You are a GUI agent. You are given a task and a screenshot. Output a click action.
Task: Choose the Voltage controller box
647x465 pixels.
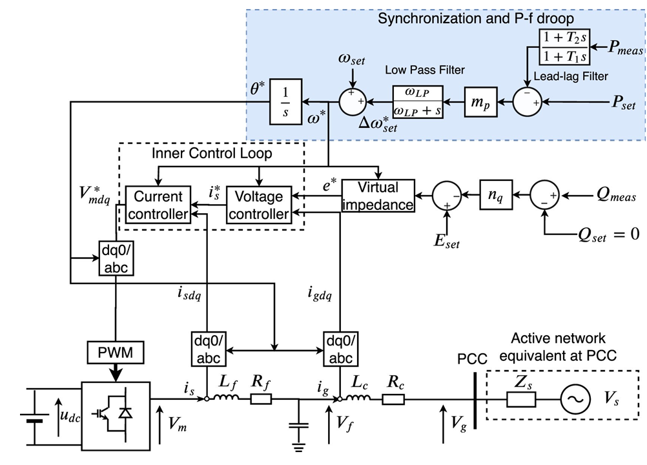point(259,205)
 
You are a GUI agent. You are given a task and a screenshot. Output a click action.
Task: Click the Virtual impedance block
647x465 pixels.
point(378,196)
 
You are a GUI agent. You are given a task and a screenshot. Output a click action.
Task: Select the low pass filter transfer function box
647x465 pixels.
point(419,101)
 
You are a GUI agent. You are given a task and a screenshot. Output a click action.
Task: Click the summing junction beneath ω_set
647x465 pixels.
point(353,101)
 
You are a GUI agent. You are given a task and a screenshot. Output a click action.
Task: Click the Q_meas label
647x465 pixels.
point(618,194)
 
